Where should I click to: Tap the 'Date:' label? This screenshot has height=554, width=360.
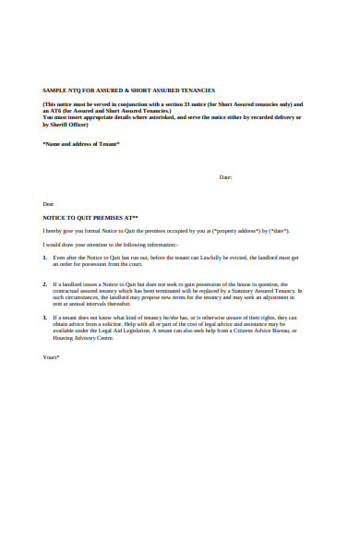224,176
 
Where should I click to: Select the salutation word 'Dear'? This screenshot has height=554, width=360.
49,203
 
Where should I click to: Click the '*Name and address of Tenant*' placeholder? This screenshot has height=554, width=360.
81,144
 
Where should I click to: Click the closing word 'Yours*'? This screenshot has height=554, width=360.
52,356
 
